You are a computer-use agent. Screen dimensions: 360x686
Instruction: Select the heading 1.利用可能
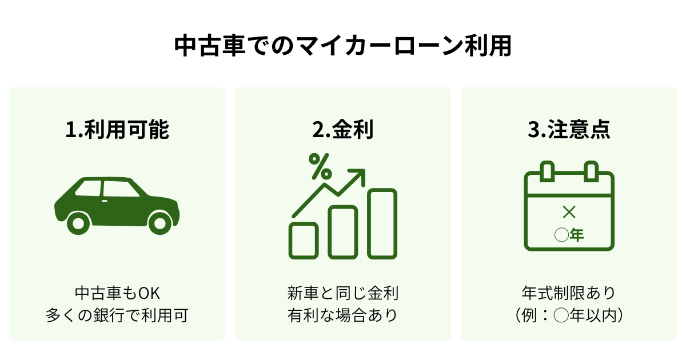click(117, 130)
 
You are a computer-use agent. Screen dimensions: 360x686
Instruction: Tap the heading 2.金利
click(342, 130)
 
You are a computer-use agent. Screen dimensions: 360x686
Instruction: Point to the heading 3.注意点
click(569, 130)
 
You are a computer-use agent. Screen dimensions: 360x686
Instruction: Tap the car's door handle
click(106, 201)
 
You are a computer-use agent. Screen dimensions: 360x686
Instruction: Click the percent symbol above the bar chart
click(320, 166)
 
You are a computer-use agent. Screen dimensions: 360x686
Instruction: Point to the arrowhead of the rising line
click(358, 174)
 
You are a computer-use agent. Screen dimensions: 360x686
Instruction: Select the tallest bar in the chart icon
click(382, 223)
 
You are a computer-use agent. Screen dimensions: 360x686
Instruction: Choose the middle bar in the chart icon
click(343, 232)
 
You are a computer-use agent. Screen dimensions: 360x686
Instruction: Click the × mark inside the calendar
click(569, 213)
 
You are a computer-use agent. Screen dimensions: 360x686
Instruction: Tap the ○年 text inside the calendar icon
click(569, 235)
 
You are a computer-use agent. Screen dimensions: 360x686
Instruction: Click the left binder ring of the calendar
click(547, 171)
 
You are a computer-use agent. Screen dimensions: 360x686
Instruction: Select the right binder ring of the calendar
click(591, 171)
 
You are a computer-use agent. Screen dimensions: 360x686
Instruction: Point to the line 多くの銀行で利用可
click(117, 315)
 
